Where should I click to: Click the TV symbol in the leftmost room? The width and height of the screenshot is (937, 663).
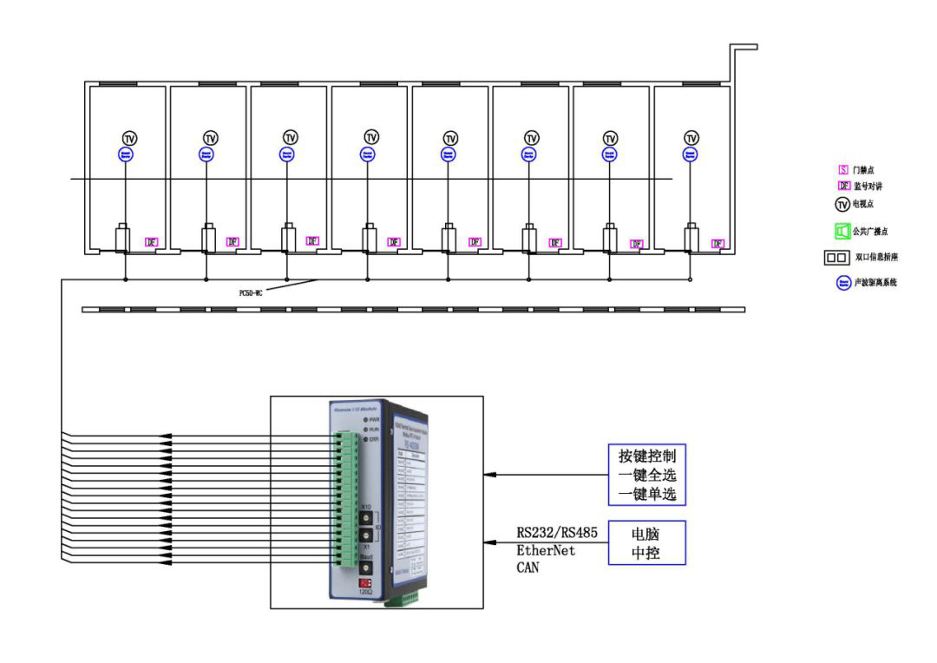[x=129, y=138]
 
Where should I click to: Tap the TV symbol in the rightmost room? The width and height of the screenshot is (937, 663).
[x=691, y=138]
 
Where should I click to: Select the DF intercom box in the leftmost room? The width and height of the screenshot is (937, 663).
[x=151, y=242]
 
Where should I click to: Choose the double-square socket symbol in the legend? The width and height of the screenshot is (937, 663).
[x=837, y=258]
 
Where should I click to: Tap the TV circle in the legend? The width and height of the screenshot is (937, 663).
[x=842, y=205]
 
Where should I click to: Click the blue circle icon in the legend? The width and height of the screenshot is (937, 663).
[x=842, y=283]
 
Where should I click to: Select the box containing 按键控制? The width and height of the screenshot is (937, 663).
[x=646, y=476]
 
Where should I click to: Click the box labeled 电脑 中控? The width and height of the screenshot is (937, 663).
[x=646, y=542]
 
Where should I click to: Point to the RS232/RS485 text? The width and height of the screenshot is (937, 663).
[x=556, y=533]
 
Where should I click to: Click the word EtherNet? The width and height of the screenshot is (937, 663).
[x=546, y=550]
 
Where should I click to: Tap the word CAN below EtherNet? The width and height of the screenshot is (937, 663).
[x=527, y=568]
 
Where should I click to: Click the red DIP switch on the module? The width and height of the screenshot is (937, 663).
[x=366, y=583]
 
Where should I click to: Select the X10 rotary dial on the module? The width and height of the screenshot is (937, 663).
[x=366, y=520]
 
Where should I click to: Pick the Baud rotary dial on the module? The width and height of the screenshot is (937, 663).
[x=366, y=566]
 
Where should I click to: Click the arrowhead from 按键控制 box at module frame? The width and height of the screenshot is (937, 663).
[x=489, y=475]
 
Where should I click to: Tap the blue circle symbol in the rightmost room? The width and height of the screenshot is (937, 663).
[x=691, y=154]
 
